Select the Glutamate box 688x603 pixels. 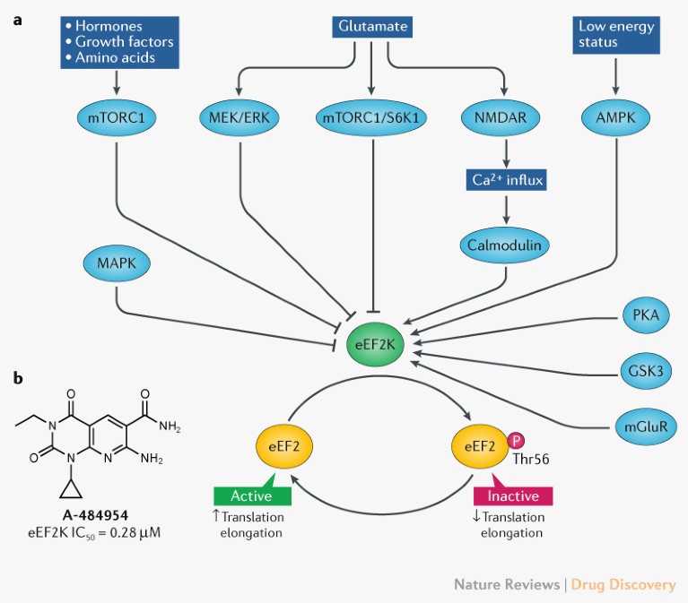coord(371,27)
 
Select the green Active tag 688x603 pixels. coord(251,495)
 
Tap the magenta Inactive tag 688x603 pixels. coord(513,495)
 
